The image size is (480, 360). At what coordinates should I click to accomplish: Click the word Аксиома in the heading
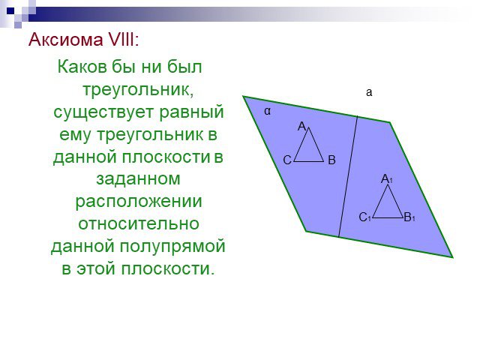click(66, 40)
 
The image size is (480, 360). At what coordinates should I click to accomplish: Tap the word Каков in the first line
click(82, 67)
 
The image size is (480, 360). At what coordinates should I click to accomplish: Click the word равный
click(192, 112)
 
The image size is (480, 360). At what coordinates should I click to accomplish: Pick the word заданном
click(138, 178)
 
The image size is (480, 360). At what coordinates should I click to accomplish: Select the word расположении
click(139, 202)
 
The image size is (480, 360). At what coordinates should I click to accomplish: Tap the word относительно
click(139, 223)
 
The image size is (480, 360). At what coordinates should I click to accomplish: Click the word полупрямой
click(172, 247)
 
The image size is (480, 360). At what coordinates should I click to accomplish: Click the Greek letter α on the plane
click(268, 111)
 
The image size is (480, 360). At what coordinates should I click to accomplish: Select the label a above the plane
click(369, 92)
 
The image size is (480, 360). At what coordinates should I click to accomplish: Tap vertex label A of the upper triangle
click(301, 126)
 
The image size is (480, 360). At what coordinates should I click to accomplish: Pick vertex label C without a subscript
click(287, 160)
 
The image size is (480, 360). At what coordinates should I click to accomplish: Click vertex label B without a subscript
click(331, 160)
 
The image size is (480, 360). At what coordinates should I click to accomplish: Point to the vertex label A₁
click(387, 178)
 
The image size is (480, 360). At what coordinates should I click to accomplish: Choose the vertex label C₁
click(365, 217)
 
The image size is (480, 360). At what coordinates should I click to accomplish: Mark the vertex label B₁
click(409, 217)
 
